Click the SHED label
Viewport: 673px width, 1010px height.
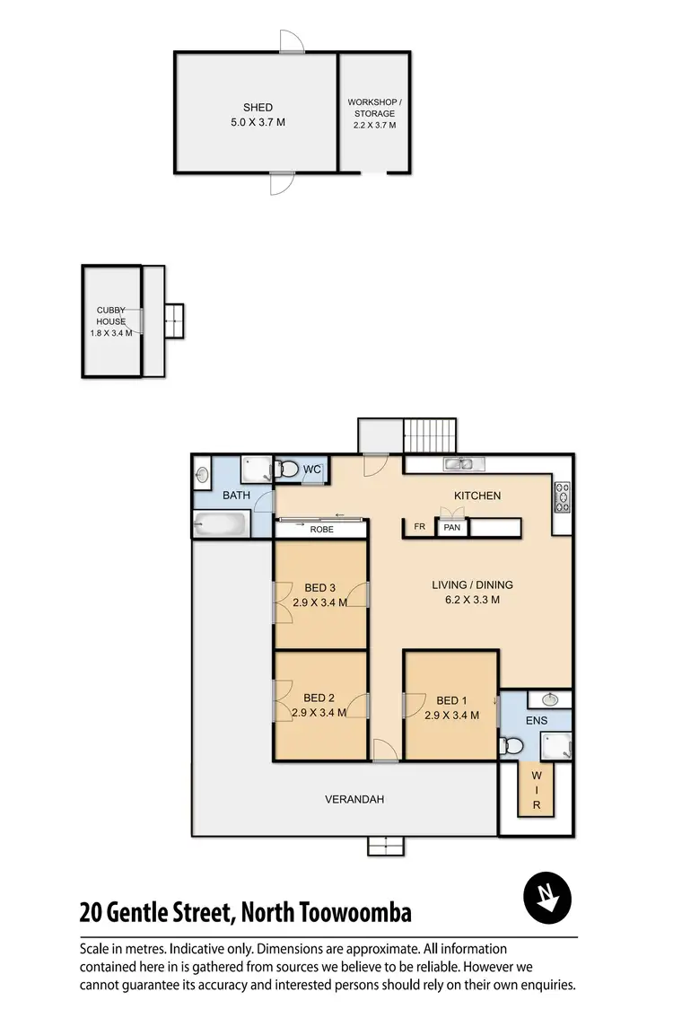(x=258, y=108)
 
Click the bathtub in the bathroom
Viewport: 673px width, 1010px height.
(x=220, y=524)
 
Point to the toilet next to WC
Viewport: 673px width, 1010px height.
(x=287, y=469)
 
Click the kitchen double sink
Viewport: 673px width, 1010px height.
(x=464, y=464)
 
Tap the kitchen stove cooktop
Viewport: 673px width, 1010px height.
(x=563, y=496)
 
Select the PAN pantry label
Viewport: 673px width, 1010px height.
(x=452, y=527)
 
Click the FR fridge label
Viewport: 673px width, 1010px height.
(x=419, y=527)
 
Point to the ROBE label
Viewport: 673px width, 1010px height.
(x=321, y=530)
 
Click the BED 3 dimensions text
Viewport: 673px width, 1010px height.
(x=319, y=602)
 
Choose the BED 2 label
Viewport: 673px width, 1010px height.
(x=319, y=698)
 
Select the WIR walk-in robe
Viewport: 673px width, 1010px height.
(x=537, y=790)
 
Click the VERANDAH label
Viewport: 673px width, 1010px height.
(x=355, y=799)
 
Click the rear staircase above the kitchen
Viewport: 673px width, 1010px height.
(x=430, y=436)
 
